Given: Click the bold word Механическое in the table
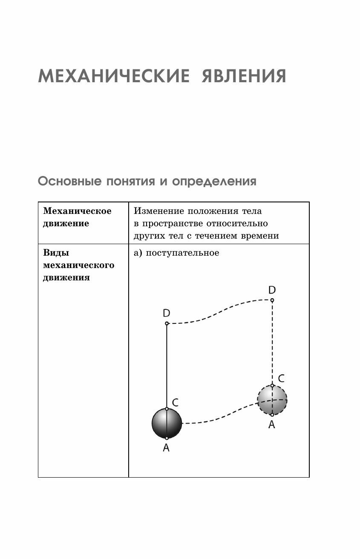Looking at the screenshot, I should tap(78, 211).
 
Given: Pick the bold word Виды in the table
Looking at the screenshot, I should tap(56, 253).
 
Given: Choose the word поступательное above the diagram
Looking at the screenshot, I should tap(182, 253).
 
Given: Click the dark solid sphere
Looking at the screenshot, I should tap(167, 424).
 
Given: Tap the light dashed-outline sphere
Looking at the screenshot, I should tap(272, 400).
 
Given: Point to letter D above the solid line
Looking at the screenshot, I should tap(167, 313).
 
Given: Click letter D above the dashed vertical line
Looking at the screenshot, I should tap(272, 290).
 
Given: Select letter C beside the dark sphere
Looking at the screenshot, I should tap(175, 402).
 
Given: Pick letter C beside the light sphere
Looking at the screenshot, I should tap(281, 378).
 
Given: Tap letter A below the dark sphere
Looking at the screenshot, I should tap(166, 447).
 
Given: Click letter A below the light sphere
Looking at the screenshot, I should tap(271, 424).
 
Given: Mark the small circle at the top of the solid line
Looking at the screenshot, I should tap(167, 323).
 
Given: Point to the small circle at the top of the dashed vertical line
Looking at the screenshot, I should tap(272, 300).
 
